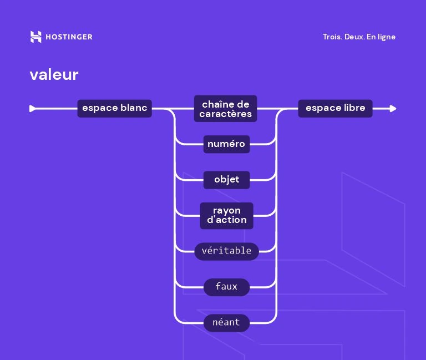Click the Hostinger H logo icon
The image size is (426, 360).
coord(36,37)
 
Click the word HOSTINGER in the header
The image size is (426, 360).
coord(68,37)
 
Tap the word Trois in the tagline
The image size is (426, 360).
coord(332,37)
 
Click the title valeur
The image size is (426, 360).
coord(54,74)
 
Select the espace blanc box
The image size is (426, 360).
coord(114,108)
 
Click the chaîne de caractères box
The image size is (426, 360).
coord(226,109)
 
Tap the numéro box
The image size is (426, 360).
coord(226,144)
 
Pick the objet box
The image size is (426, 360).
coord(226,180)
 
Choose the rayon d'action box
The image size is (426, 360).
coord(226,215)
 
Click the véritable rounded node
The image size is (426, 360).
coord(226,251)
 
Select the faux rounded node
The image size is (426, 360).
coord(226,287)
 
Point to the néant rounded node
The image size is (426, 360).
coord(226,322)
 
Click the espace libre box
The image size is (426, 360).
coord(335,108)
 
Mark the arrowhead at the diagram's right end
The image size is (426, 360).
coord(393,109)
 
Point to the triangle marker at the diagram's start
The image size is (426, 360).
coord(32,109)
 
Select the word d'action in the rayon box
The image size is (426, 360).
coord(227,220)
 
